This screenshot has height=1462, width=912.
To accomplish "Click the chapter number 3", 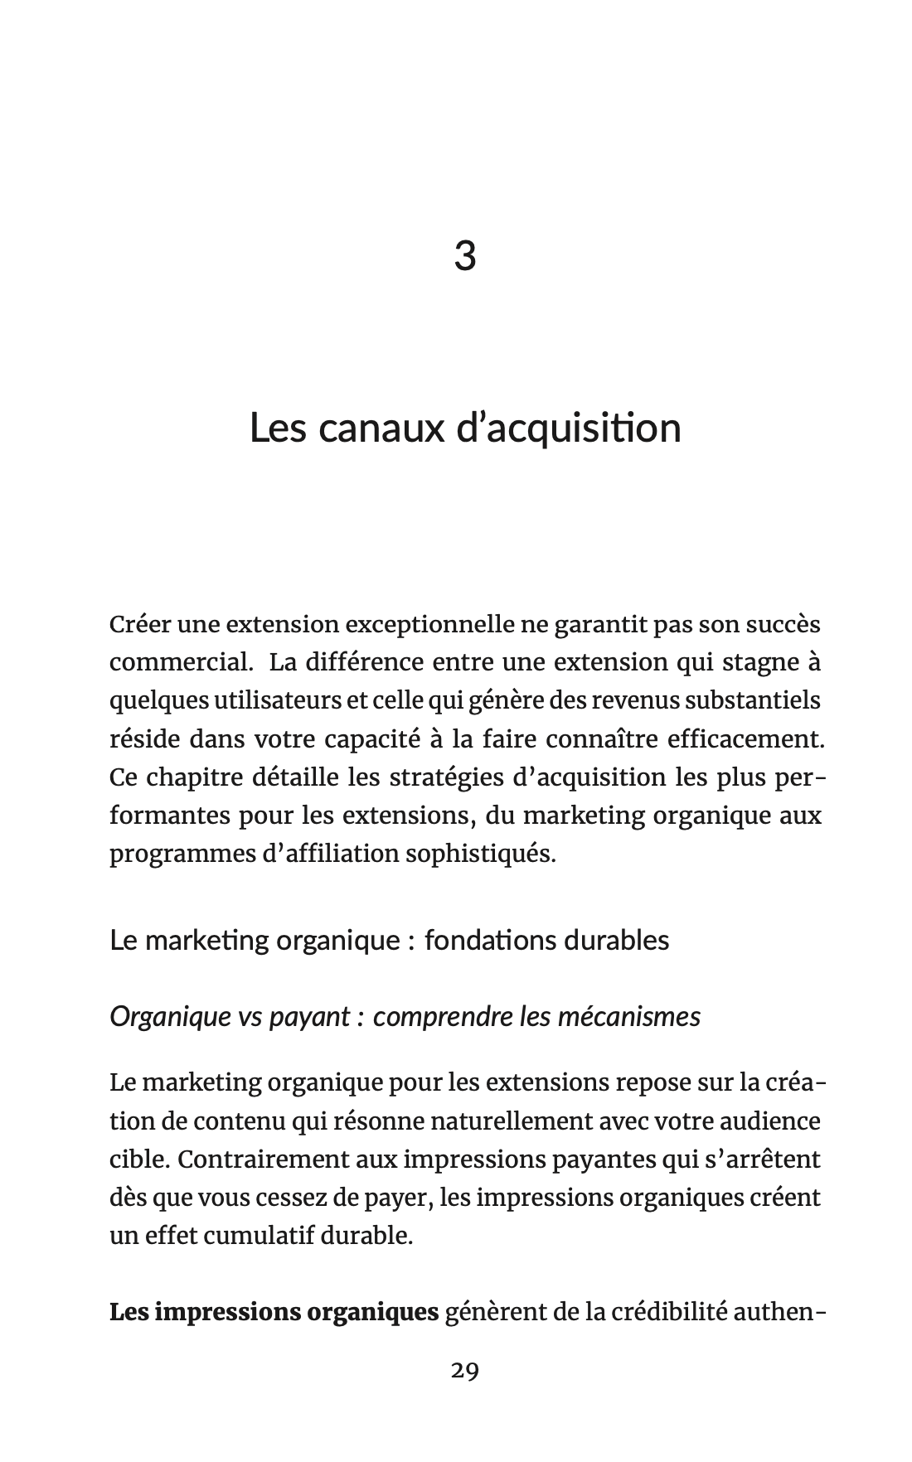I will pos(465,255).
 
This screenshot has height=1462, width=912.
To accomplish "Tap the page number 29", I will pos(465,1371).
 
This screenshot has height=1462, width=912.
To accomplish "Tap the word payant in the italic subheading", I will pos(308,1016).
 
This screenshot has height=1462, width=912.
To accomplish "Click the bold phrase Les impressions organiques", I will pos(274,1313).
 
